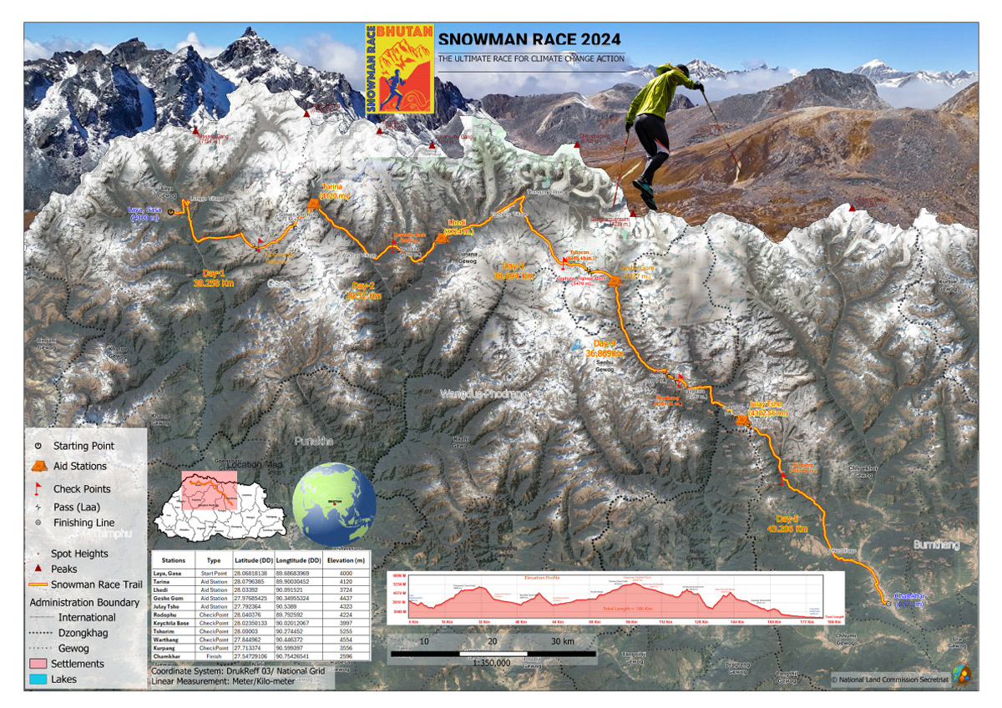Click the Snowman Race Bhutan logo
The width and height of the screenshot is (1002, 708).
pos(400,68)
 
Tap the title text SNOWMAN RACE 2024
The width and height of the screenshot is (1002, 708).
pos(530,38)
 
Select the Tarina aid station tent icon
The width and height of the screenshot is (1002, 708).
pos(314,204)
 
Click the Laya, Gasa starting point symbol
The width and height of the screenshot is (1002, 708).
pos(170,212)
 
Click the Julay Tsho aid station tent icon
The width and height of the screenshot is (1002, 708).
pos(742,420)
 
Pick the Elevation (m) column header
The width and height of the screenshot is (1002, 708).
pos(349,560)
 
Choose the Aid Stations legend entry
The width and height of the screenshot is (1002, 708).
pos(80,467)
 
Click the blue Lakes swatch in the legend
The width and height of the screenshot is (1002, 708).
pos(40,679)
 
